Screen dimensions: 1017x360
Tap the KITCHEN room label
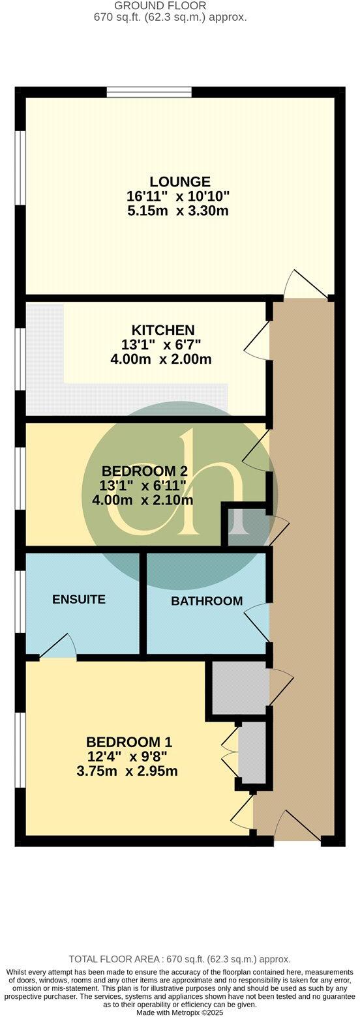[x=162, y=330]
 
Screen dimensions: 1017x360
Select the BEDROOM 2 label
[x=140, y=471]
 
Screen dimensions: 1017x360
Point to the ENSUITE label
[x=79, y=599]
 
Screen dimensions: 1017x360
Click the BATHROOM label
[x=207, y=601]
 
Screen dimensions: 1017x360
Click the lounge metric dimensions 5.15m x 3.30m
[x=179, y=211]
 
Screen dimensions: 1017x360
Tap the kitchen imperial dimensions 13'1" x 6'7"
[x=162, y=345]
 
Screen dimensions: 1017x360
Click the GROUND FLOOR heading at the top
[x=169, y=6]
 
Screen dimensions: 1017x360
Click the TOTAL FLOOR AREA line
[x=179, y=959]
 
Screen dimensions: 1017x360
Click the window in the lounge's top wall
[x=149, y=92]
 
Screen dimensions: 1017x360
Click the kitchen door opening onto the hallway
[x=257, y=339]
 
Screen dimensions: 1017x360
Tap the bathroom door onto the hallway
[x=258, y=623]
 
